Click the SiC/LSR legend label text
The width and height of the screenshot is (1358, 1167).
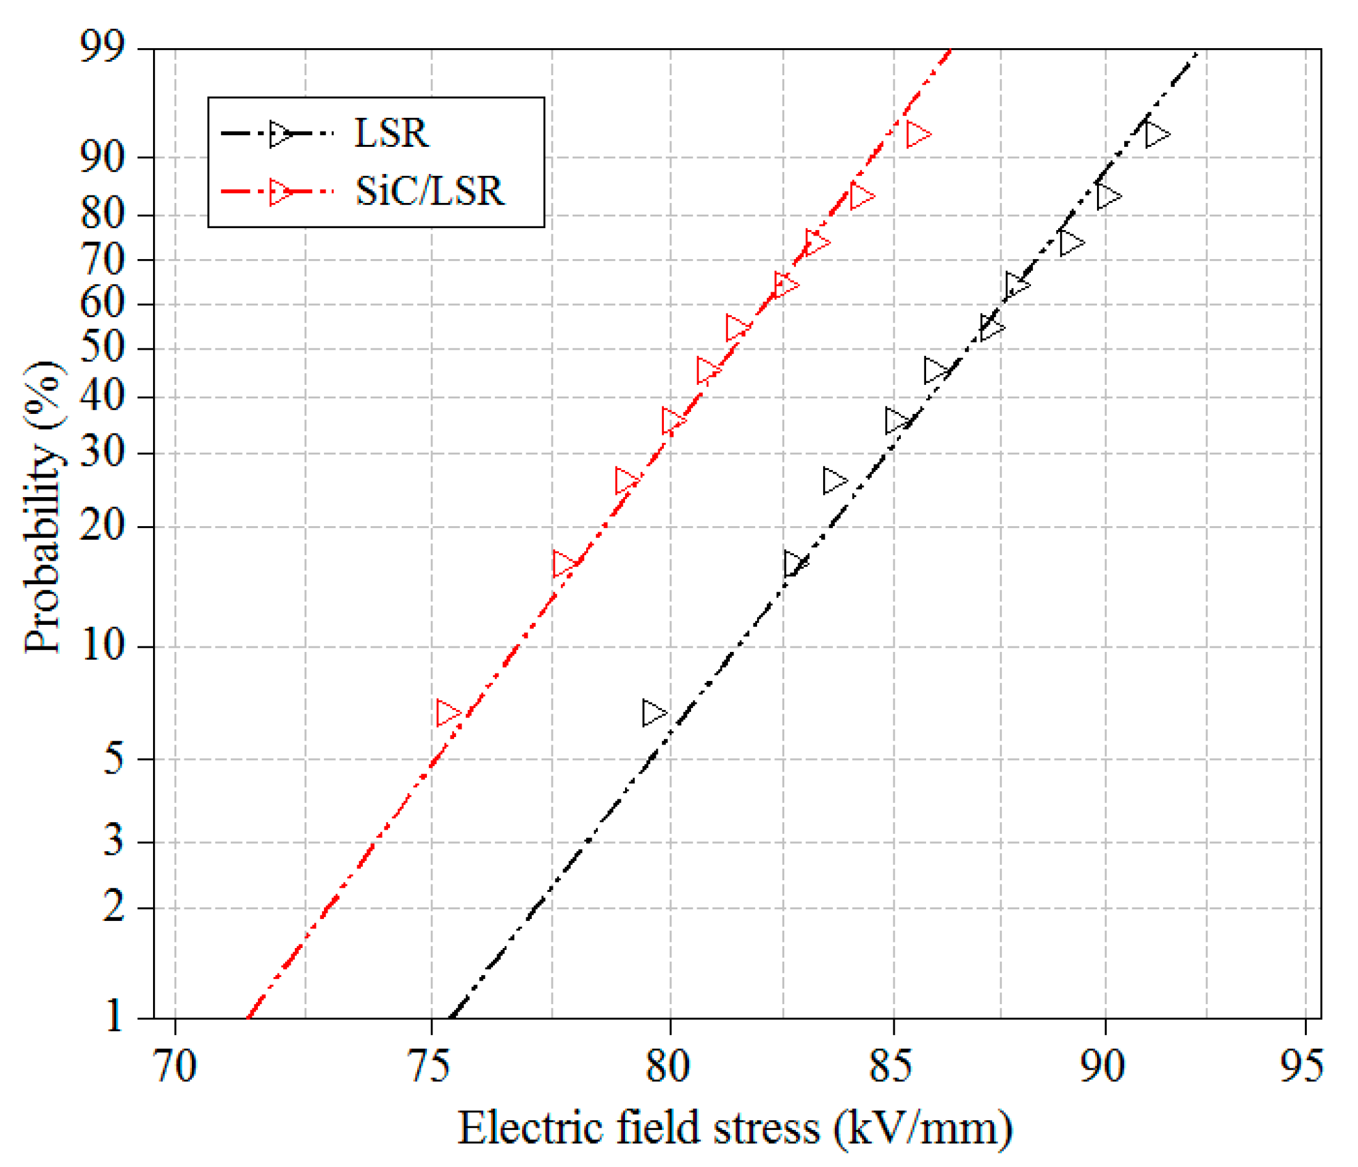coord(429,191)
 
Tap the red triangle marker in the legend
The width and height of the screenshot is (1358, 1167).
coord(281,192)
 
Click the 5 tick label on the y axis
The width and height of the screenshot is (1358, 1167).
coord(114,759)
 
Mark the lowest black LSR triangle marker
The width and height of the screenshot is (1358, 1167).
coord(653,712)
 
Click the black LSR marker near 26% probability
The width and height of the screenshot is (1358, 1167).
coord(834,481)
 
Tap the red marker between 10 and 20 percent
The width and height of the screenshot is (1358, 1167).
coord(564,564)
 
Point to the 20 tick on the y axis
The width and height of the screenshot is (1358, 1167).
coord(102,526)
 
